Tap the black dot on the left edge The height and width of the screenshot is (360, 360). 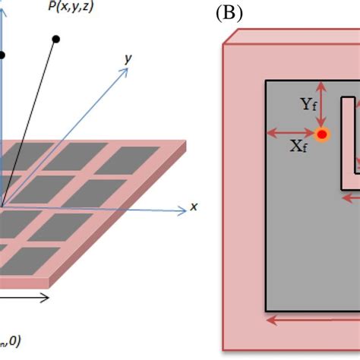[2, 55]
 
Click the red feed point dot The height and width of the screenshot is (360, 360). [322, 134]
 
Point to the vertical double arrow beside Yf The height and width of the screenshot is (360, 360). [323, 106]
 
